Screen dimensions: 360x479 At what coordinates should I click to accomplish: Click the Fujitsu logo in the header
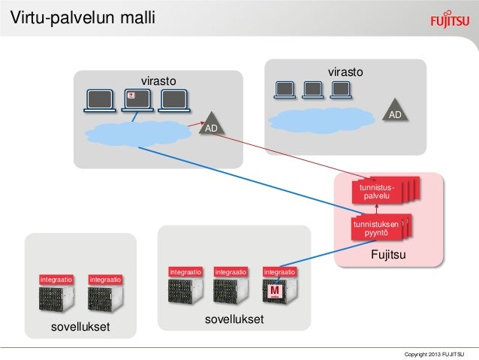point(447,19)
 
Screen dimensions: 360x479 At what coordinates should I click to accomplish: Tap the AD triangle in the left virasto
point(213,124)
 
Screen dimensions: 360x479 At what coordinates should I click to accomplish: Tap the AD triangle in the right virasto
point(395,111)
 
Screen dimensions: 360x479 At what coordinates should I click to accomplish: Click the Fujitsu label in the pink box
point(388,256)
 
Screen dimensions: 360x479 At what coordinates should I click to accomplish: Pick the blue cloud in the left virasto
point(140,133)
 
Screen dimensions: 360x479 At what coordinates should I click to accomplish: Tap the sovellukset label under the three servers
point(233,320)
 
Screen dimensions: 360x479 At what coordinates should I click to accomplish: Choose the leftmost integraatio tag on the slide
point(56,280)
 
